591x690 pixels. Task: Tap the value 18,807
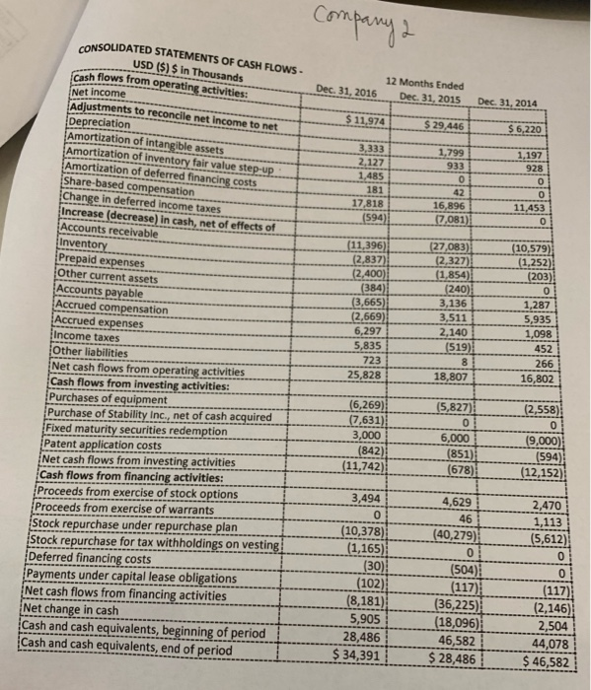[x=450, y=376]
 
